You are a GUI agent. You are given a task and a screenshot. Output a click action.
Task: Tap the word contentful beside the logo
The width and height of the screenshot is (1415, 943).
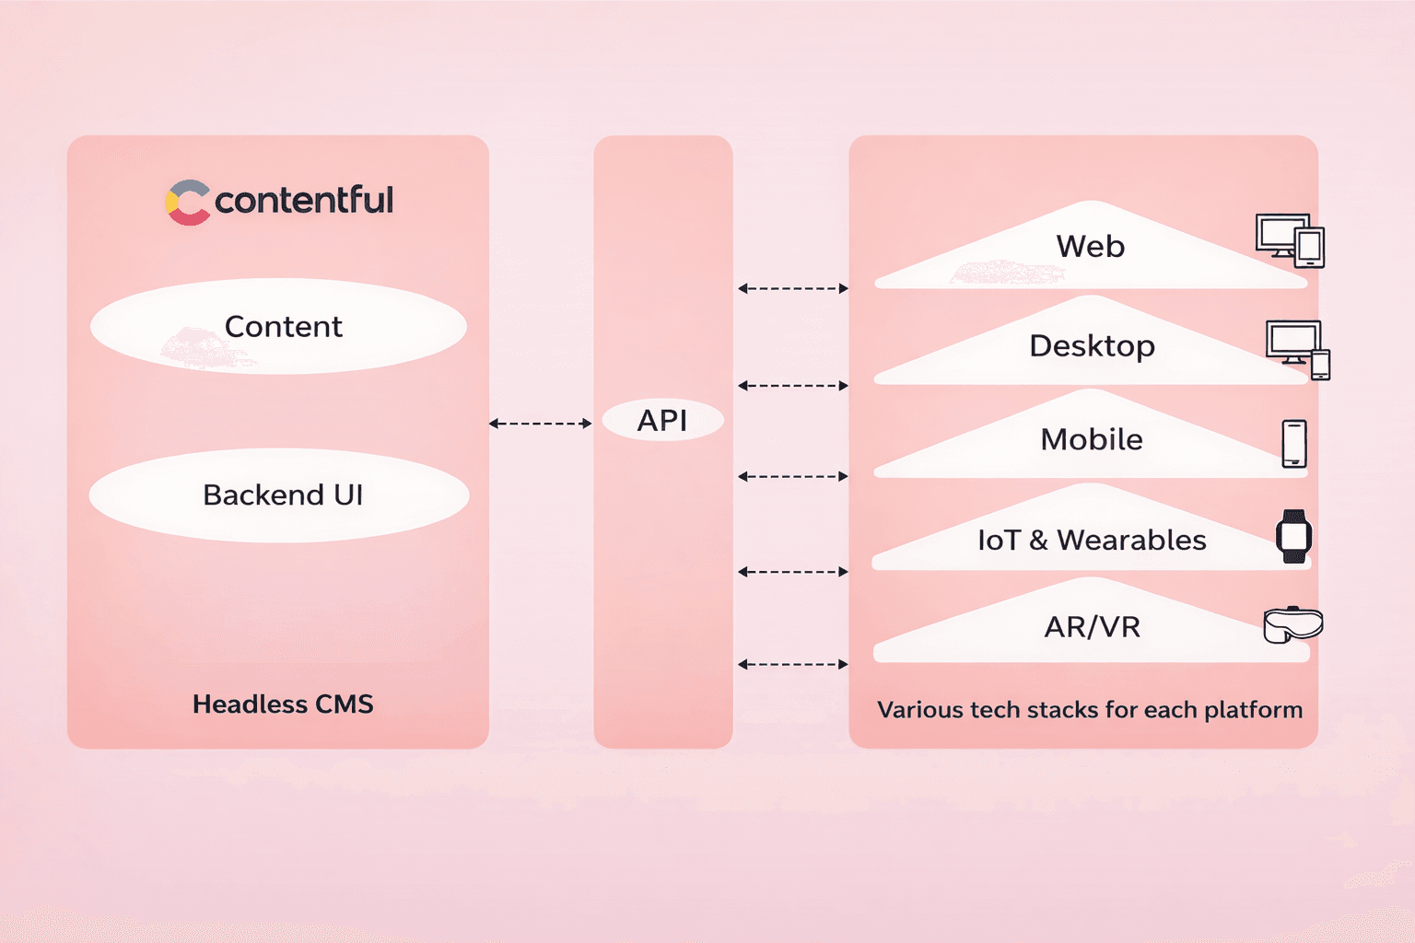click(x=304, y=200)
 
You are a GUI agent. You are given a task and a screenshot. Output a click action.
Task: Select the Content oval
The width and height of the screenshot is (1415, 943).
click(x=278, y=327)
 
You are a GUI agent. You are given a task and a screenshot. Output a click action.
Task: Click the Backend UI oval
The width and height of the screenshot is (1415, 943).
click(x=279, y=495)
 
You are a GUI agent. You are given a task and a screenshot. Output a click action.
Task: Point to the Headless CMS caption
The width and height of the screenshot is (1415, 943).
click(x=283, y=704)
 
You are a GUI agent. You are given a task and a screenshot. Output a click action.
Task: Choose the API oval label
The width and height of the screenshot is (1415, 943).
click(x=662, y=421)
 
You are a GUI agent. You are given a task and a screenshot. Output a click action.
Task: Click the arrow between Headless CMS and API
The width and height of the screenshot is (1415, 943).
click(x=540, y=424)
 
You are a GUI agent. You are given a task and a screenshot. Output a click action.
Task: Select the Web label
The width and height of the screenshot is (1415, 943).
click(x=1091, y=247)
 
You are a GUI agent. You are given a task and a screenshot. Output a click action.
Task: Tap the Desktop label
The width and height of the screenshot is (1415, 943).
click(x=1092, y=346)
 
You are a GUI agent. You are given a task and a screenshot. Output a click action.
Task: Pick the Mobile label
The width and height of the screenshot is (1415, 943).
click(x=1092, y=440)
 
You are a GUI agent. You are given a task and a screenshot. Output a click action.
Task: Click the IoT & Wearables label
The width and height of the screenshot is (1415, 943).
click(x=1092, y=541)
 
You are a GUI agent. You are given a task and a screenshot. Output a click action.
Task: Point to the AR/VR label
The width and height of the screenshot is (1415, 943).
click(x=1093, y=627)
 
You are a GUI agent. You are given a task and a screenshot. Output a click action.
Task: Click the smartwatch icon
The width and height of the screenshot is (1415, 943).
click(x=1293, y=536)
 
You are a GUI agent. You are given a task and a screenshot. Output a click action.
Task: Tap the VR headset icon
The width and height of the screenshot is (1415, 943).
click(x=1292, y=625)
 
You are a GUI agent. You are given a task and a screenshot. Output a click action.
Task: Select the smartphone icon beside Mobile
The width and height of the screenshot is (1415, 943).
click(x=1294, y=444)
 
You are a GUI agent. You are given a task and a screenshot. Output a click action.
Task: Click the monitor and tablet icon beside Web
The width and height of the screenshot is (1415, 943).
click(x=1290, y=240)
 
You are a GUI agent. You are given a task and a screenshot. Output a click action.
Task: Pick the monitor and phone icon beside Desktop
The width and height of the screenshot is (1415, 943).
click(x=1298, y=349)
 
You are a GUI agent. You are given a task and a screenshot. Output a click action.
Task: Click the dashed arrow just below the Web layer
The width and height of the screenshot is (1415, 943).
click(x=792, y=288)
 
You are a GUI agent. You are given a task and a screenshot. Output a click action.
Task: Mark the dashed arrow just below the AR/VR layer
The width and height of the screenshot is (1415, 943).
click(x=792, y=664)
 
